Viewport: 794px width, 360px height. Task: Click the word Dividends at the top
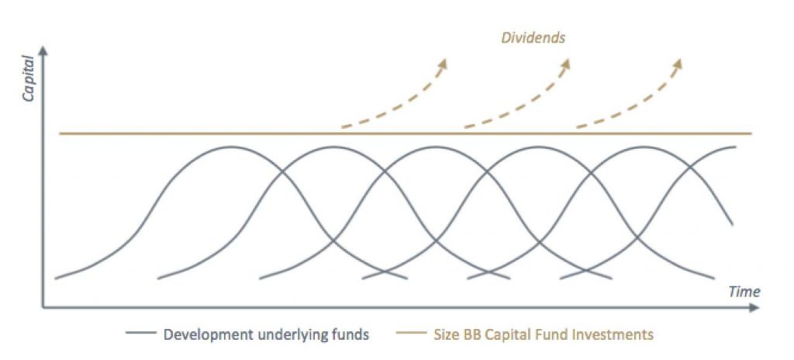(x=533, y=37)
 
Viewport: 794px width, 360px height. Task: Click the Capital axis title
(x=29, y=78)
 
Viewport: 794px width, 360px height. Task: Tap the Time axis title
(x=744, y=292)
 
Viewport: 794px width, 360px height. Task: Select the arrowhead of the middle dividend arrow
(x=565, y=63)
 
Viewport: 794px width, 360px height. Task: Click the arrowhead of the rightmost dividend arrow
(x=678, y=63)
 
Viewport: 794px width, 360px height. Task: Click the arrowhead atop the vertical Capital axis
(x=43, y=50)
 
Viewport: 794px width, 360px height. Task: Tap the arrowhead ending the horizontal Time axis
(x=754, y=307)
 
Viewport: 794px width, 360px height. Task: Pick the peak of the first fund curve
(x=231, y=147)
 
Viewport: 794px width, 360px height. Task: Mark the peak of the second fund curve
(x=332, y=147)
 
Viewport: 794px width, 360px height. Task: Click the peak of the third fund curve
(x=434, y=147)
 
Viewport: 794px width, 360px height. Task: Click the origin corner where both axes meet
(x=43, y=307)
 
